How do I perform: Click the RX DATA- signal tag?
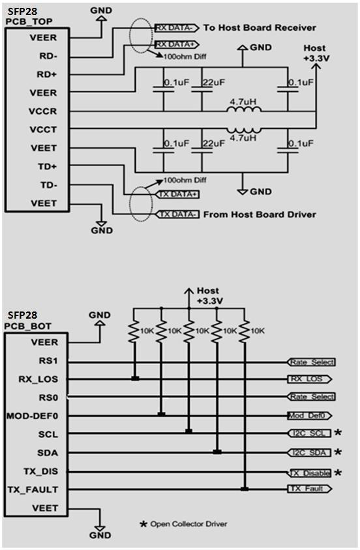click(x=177, y=28)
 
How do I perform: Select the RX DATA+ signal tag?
click(x=177, y=44)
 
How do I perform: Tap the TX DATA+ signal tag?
click(x=177, y=194)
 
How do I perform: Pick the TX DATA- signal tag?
click(x=177, y=214)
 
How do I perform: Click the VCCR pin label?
click(x=43, y=111)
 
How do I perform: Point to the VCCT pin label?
click(x=43, y=130)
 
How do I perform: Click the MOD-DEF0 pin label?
click(x=32, y=416)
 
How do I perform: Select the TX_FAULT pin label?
click(x=33, y=489)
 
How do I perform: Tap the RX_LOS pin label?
click(x=38, y=379)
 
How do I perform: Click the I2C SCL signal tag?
click(x=309, y=433)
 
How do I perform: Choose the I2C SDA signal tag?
click(x=309, y=453)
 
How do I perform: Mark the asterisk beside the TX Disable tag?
click(x=338, y=472)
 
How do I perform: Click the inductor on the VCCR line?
click(x=243, y=110)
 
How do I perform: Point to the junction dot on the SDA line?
click(x=217, y=452)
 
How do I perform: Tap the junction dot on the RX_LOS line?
click(x=135, y=379)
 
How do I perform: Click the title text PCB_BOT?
click(x=28, y=326)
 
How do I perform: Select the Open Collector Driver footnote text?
click(x=188, y=524)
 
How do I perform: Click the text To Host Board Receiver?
click(x=260, y=28)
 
